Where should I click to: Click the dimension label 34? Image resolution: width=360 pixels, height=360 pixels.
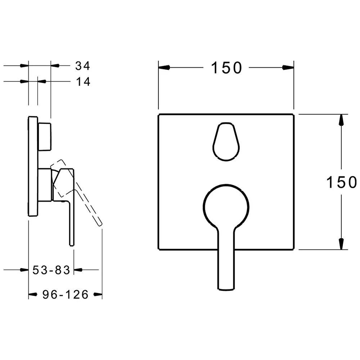tap(83, 66)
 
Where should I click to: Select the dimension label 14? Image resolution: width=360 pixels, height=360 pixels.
tap(83, 81)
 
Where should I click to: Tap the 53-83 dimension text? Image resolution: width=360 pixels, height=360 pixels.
tap(51, 270)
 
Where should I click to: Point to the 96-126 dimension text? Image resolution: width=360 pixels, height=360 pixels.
tap(66, 294)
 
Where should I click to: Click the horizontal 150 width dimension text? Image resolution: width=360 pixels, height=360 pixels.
tap(226, 68)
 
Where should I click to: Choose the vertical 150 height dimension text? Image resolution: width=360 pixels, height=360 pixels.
tap(342, 182)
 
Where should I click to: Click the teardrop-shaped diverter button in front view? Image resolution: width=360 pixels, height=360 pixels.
tap(226, 141)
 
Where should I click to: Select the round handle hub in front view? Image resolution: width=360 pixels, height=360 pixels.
tap(226, 207)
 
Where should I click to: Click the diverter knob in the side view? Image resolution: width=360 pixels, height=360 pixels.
tap(45, 137)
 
